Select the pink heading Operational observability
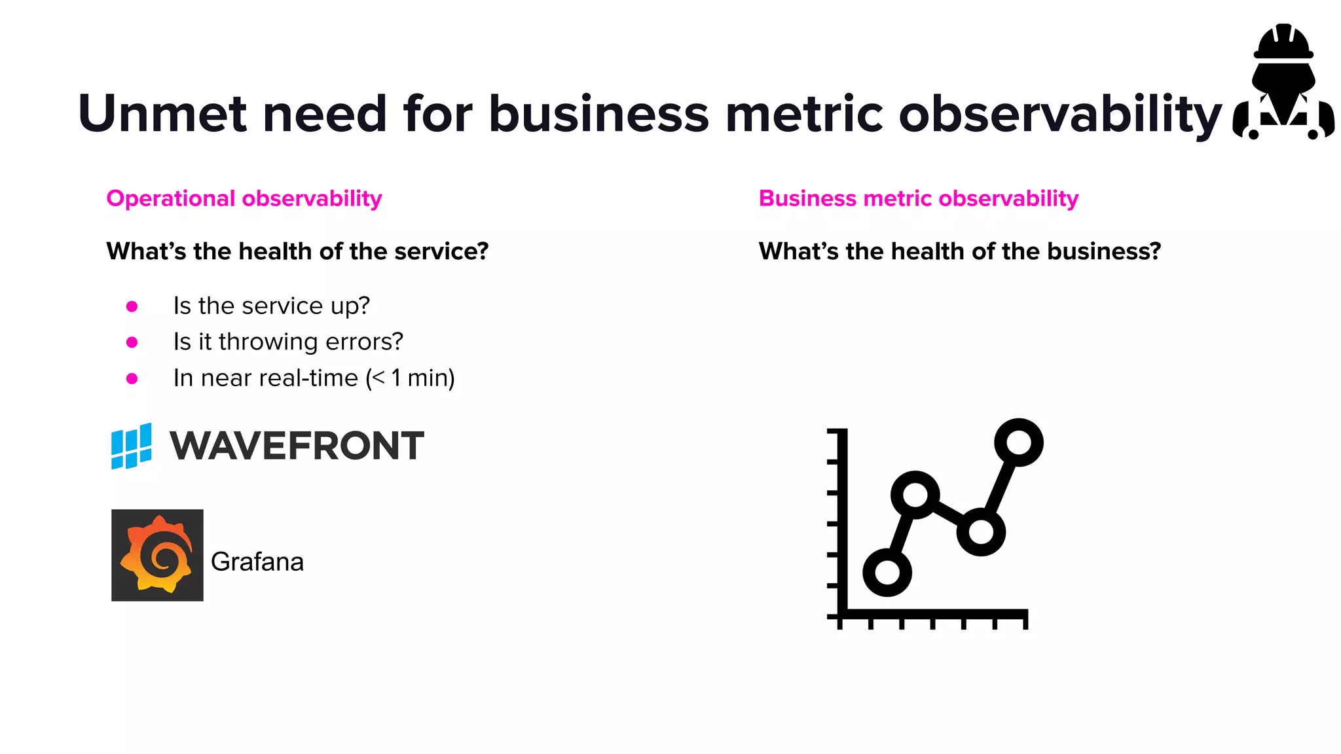(244, 198)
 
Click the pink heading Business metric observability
(918, 198)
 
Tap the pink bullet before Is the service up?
(132, 306)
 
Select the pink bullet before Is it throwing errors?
(132, 342)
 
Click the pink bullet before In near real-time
(132, 378)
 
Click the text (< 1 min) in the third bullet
(411, 378)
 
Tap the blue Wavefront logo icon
(132, 446)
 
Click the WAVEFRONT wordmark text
(297, 446)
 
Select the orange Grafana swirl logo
(157, 555)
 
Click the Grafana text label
(257, 562)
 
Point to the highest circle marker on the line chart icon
(1018, 442)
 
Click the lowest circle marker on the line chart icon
(887, 572)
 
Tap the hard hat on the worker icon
(1283, 43)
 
